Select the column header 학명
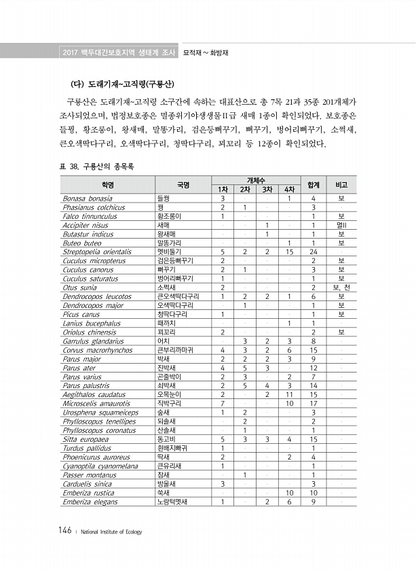(108, 184)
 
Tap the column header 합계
(314, 184)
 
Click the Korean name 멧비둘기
(167, 252)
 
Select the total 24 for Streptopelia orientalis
(314, 252)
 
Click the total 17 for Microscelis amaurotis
(314, 403)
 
